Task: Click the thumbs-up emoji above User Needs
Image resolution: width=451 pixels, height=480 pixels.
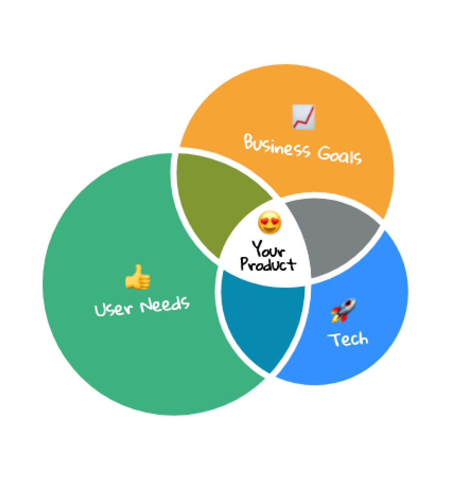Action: coord(138,277)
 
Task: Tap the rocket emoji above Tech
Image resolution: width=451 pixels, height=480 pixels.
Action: coord(343,310)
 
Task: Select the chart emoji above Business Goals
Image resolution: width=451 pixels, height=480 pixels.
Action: coord(303,117)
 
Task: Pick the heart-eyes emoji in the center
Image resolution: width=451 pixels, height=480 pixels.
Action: coord(270,222)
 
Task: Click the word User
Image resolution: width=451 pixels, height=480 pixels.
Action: coord(113,309)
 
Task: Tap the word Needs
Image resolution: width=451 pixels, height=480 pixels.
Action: coord(165,304)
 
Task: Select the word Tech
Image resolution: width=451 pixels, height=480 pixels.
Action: coord(349,339)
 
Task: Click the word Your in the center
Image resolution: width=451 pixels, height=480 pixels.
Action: coord(269,249)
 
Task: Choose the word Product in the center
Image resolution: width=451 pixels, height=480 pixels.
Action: coord(268,264)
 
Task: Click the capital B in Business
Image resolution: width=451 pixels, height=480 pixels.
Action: coord(250,143)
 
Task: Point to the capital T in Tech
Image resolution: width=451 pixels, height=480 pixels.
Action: coord(335,339)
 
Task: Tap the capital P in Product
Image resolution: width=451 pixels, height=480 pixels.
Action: coord(246,264)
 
